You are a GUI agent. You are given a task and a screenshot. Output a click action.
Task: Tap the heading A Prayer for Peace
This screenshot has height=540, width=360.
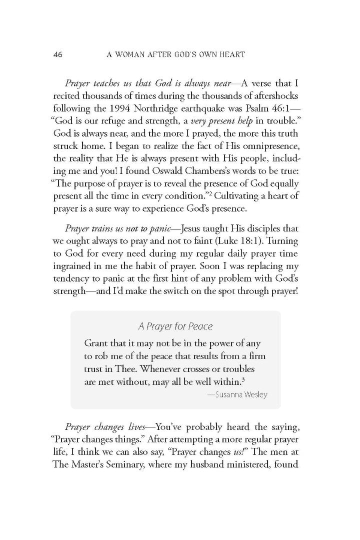coord(175,327)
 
